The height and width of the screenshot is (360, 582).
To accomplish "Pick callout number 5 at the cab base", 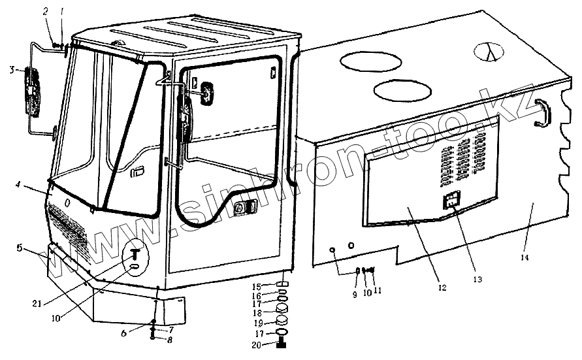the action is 20,248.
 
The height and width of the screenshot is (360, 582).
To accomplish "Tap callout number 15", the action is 257,286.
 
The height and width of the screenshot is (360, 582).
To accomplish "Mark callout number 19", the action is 257,322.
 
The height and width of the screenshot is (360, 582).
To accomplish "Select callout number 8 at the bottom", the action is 171,340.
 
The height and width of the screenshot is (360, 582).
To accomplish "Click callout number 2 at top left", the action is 46,12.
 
